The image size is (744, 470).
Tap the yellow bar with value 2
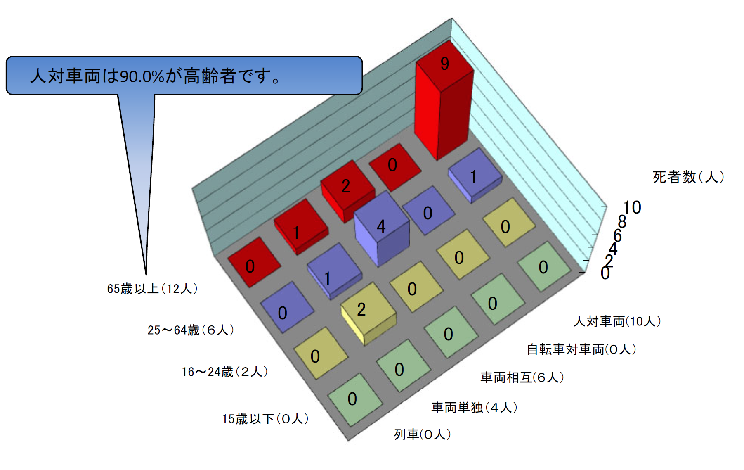click(367, 312)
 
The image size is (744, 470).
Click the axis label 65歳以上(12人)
click(152, 289)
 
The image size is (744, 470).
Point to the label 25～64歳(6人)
click(191, 330)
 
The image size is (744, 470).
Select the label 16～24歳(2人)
click(225, 372)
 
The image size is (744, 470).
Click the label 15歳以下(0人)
click(265, 419)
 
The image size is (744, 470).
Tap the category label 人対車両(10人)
click(617, 321)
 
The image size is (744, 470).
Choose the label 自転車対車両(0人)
click(581, 349)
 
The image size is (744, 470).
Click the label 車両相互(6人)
click(522, 377)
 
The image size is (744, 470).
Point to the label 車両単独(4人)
click(474, 408)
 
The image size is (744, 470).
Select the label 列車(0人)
click(422, 434)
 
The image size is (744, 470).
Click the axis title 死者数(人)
click(688, 177)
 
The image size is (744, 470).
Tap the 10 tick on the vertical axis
click(632, 207)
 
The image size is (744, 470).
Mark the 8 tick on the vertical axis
click(622, 222)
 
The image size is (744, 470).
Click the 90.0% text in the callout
click(142, 76)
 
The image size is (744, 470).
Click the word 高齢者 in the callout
click(210, 76)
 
